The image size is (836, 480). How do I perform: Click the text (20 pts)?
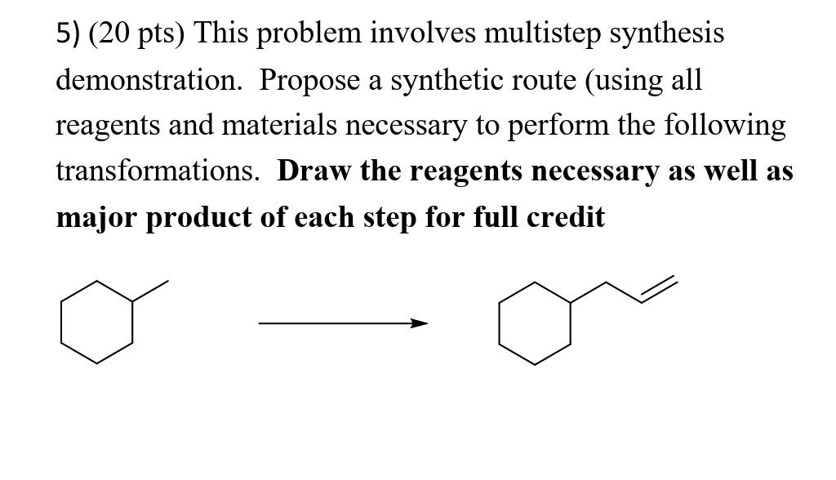click(136, 33)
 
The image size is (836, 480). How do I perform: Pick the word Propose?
click(309, 80)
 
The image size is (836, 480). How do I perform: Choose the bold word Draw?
click(314, 171)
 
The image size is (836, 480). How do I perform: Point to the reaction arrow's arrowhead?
click(419, 323)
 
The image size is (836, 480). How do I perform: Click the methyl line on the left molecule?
click(151, 291)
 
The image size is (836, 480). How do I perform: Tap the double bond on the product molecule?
click(659, 289)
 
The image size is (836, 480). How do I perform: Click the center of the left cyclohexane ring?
click(97, 322)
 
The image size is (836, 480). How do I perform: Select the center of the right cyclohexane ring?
click(535, 324)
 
